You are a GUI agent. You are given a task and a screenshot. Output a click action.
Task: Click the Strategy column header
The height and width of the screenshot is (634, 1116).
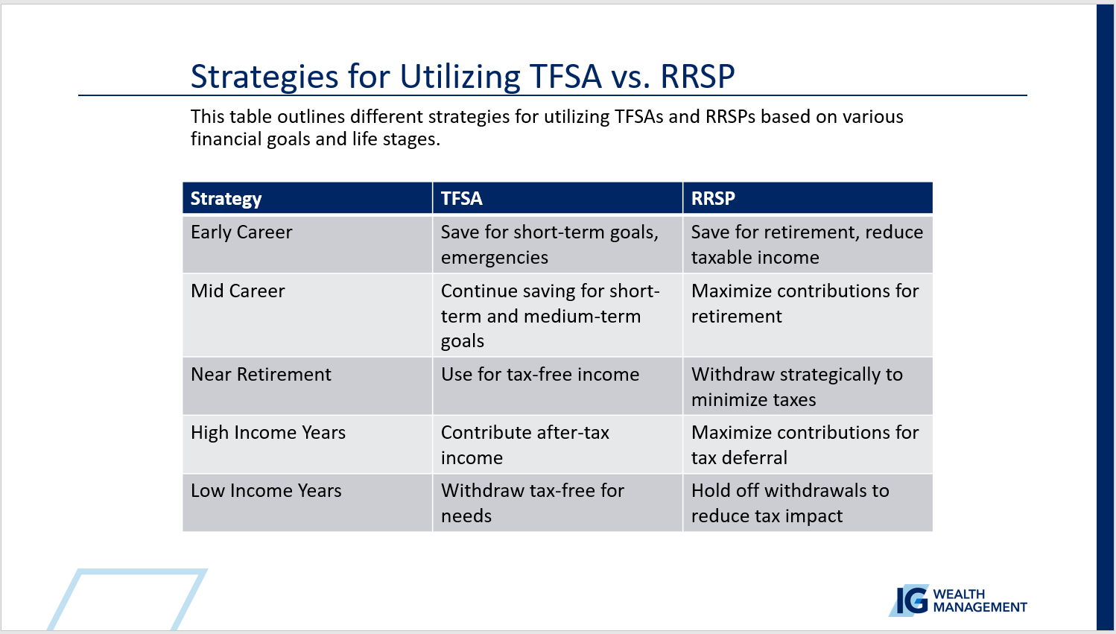(x=226, y=198)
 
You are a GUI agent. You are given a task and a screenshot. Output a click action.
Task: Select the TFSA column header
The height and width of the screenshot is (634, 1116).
(x=461, y=198)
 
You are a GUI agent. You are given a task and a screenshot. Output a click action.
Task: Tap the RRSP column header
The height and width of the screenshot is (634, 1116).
(x=713, y=198)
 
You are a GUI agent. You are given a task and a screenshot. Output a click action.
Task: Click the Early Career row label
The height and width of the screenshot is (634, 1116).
(x=241, y=232)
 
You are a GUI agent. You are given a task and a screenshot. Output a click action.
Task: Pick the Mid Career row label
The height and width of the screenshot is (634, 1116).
(x=238, y=291)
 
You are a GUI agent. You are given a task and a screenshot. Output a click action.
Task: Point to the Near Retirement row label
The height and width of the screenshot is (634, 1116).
(x=261, y=375)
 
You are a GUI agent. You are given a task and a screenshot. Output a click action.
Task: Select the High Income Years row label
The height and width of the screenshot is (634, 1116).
(x=268, y=433)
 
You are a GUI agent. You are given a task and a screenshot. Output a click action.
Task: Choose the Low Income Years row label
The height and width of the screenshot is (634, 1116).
(x=266, y=491)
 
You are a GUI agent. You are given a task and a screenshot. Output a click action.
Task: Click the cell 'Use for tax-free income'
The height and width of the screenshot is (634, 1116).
(x=540, y=375)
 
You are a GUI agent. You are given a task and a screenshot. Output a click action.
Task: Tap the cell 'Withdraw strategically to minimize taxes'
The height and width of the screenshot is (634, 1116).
(x=796, y=387)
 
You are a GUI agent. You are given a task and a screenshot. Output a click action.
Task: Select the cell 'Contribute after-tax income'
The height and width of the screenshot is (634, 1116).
(x=525, y=446)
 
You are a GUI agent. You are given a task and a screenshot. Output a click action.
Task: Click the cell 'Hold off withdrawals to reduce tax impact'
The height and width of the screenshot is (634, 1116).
(x=790, y=503)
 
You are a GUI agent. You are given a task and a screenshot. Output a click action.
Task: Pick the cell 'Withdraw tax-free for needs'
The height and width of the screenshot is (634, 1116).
(x=533, y=503)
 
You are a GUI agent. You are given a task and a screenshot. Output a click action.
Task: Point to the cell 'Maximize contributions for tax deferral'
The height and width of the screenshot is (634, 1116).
(x=805, y=446)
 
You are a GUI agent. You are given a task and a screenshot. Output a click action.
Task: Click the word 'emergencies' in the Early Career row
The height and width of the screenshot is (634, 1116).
(x=494, y=258)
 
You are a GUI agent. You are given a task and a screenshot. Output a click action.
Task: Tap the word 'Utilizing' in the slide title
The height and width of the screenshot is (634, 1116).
(x=460, y=77)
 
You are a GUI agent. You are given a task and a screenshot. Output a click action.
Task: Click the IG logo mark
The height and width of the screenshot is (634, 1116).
(x=909, y=600)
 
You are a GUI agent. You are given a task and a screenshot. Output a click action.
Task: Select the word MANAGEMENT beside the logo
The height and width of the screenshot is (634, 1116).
(x=980, y=608)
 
